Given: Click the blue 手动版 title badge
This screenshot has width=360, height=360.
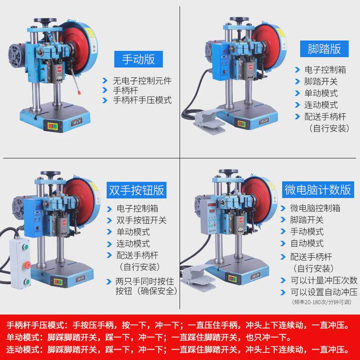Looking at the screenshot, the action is coord(139,59).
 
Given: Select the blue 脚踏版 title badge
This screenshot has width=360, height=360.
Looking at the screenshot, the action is coord(324,49).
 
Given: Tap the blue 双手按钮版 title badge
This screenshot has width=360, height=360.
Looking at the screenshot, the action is coord(136,190).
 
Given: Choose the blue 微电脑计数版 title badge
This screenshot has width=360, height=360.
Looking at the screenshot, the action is coord(318,189).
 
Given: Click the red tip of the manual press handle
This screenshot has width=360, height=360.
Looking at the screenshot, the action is coord(79,93).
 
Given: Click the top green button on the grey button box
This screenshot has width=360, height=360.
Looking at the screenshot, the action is coord(25,247).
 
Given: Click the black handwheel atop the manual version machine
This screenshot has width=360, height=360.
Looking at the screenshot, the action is coord(45,21).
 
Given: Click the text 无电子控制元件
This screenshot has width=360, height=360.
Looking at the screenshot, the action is coord(142,81).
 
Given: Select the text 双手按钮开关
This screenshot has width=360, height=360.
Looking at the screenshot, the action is coord(141,220).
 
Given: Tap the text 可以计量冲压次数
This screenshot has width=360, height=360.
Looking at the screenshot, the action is coord(324,280).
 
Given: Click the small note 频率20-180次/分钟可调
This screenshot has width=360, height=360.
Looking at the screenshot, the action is coord(321,302).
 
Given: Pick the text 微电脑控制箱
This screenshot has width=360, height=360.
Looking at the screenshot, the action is coord(315,208).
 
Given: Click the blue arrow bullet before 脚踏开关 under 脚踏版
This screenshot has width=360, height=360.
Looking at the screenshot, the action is coord(297,81).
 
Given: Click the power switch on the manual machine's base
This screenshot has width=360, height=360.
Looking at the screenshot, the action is coord(53,126).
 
